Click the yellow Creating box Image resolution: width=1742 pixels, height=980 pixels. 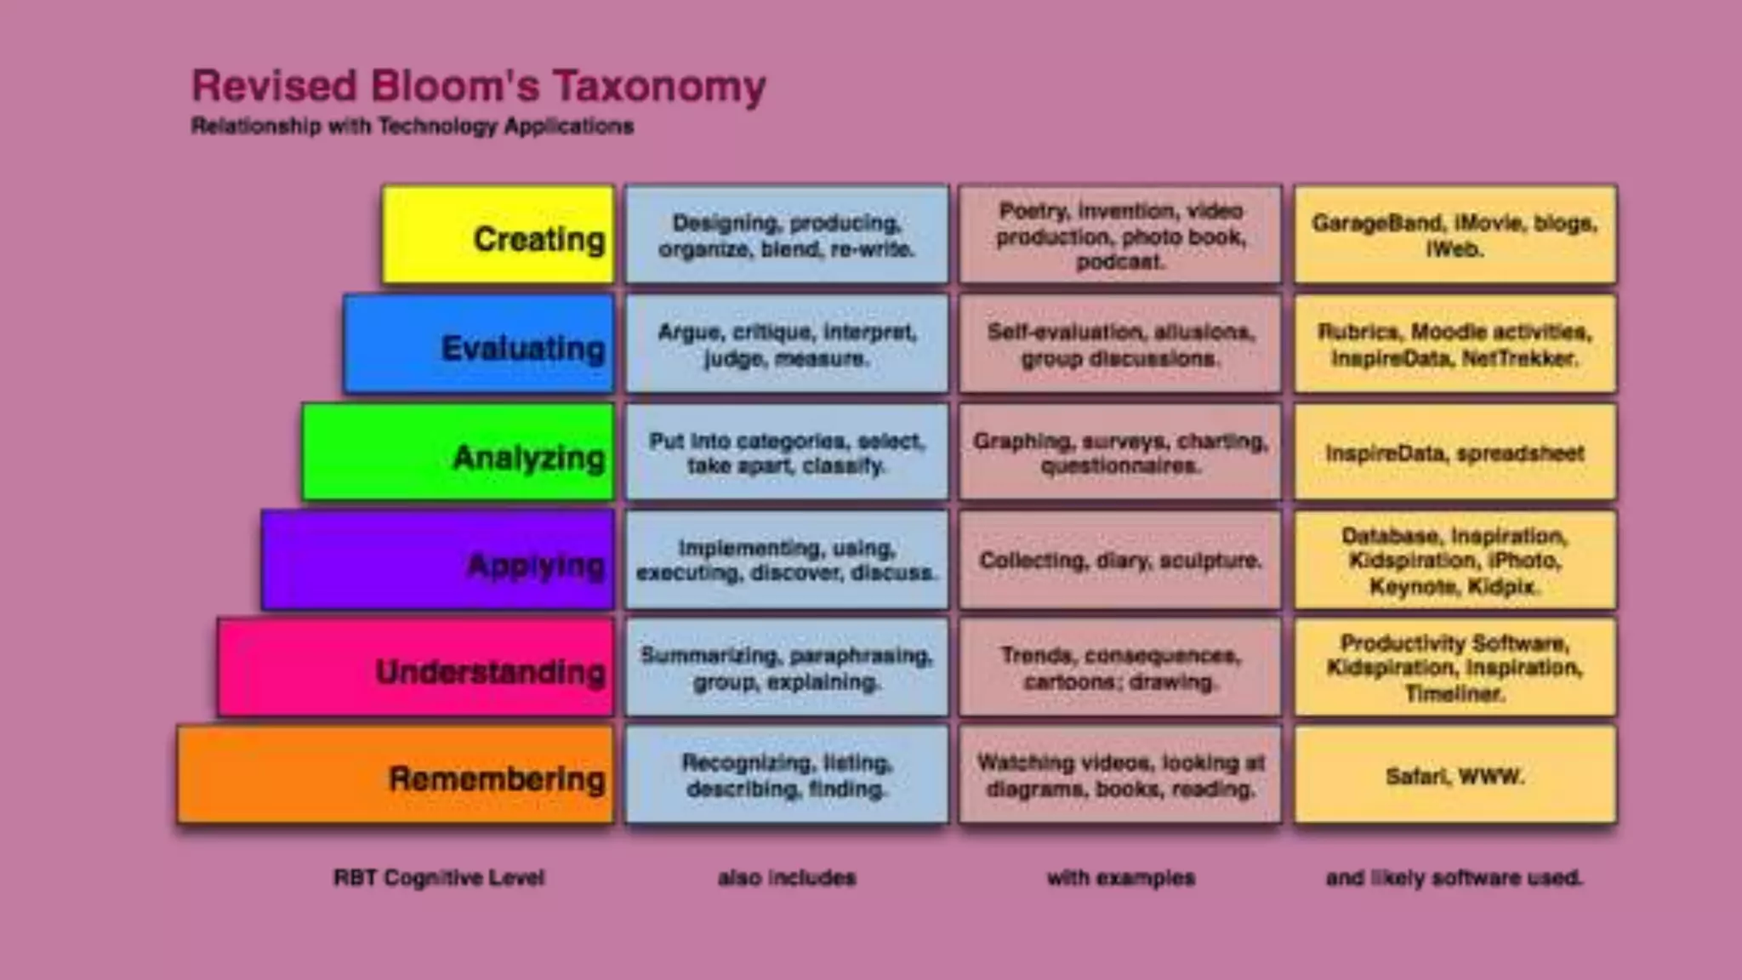[498, 235]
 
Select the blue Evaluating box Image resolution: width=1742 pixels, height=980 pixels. [479, 344]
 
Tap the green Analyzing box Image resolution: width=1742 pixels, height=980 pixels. [458, 453]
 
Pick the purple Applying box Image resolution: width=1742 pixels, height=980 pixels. [438, 561]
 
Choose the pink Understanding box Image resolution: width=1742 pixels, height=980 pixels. [416, 668]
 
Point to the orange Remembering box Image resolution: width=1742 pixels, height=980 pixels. [396, 775]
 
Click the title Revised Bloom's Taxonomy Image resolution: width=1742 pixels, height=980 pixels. [479, 86]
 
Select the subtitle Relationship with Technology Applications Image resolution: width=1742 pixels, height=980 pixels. [413, 126]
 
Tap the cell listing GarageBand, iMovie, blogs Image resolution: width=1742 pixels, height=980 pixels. [1455, 235]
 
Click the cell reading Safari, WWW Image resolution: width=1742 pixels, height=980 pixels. [1455, 775]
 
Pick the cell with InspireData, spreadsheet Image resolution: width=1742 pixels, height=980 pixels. [1455, 453]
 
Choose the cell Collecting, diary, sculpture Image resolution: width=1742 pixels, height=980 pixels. [1120, 561]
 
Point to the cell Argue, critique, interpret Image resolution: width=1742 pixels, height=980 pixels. [787, 344]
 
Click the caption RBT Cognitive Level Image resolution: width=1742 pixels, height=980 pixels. [439, 877]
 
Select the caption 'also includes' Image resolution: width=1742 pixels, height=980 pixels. [787, 877]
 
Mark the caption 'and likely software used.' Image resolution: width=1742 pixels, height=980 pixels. [1455, 877]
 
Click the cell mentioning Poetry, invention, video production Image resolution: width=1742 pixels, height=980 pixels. [1120, 235]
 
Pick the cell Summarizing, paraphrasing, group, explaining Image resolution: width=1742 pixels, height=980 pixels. [787, 668]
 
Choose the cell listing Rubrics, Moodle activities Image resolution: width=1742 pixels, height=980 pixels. [1455, 344]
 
